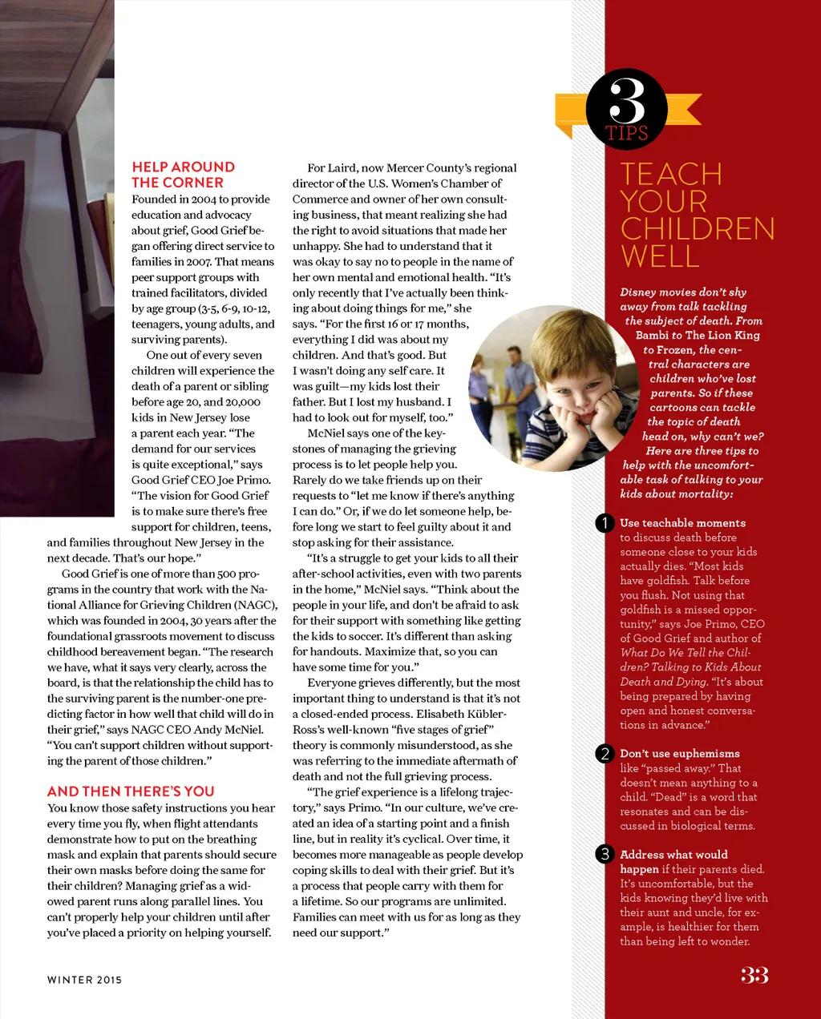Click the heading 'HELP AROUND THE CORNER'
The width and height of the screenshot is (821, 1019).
point(183,175)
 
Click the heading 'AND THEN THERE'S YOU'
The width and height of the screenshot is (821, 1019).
point(131,791)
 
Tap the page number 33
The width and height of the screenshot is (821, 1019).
point(754,975)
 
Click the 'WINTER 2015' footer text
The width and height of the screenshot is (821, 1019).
point(84,980)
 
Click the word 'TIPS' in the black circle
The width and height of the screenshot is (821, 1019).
point(626,133)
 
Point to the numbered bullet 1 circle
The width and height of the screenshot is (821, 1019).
point(605,523)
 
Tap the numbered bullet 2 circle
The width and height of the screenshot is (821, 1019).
point(605,754)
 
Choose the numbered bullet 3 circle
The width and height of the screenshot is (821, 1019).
point(605,854)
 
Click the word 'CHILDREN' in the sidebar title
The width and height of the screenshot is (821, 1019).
point(698,229)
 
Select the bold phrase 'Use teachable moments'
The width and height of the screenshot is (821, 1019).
point(682,523)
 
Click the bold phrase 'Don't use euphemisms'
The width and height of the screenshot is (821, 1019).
point(680,754)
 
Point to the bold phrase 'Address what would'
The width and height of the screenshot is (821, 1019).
point(673,855)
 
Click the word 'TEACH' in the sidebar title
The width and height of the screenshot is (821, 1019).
point(671,175)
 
